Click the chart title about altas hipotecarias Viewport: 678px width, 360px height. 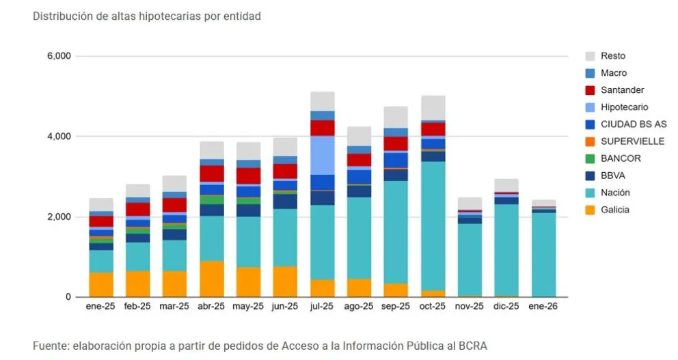(146, 16)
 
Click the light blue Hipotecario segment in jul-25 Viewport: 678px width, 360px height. (323, 155)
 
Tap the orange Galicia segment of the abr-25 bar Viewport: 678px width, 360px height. (212, 279)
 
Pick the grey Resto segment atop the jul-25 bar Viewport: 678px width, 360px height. (323, 101)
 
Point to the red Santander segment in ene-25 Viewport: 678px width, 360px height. (101, 221)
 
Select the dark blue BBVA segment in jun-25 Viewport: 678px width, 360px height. (286, 202)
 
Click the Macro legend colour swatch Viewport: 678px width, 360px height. (591, 73)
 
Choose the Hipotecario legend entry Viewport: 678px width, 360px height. (624, 107)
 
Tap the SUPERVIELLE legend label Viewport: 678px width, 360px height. (632, 141)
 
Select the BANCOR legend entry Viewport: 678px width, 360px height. (621, 158)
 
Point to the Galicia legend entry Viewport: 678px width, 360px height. (615, 210)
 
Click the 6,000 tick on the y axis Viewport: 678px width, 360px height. (59, 56)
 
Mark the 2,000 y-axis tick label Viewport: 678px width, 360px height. (59, 217)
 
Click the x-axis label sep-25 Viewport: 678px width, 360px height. (396, 307)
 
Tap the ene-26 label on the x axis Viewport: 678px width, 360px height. (543, 307)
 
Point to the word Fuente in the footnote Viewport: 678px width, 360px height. (51, 346)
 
